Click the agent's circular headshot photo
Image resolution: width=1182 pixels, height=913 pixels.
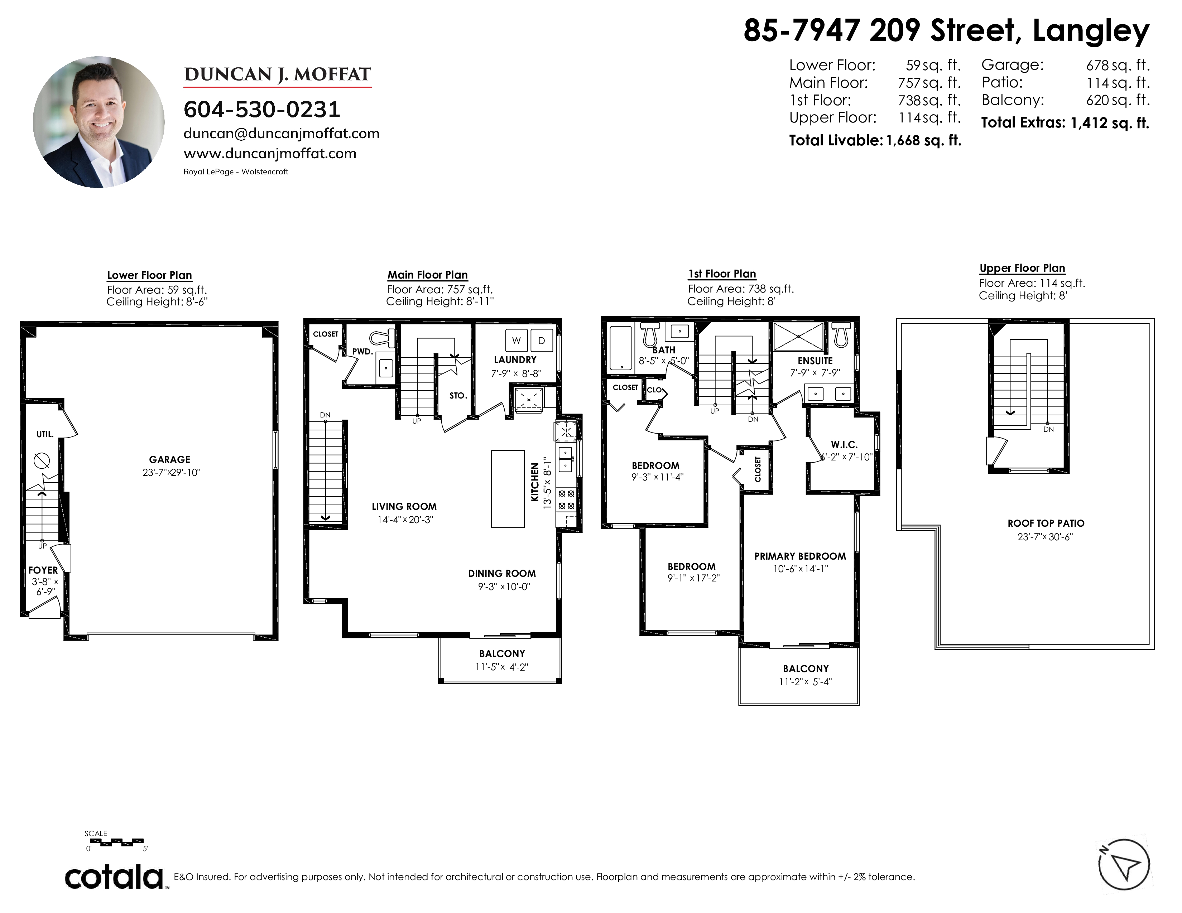coord(99,122)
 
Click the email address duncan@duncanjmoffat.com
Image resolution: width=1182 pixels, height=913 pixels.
coord(282,134)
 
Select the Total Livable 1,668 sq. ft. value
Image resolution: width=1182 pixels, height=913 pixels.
coord(923,141)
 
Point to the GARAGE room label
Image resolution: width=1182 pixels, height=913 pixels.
coord(169,459)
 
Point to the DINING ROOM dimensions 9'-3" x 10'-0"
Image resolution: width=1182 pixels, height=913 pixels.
coord(504,587)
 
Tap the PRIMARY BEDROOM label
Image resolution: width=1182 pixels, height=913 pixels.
coord(800,556)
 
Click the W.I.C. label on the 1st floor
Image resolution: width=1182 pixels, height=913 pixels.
coord(844,445)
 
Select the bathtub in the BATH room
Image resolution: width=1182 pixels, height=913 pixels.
coord(620,348)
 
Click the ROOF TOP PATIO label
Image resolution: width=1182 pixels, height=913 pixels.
coord(1046,523)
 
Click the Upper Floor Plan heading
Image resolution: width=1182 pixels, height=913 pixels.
coord(1022,268)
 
